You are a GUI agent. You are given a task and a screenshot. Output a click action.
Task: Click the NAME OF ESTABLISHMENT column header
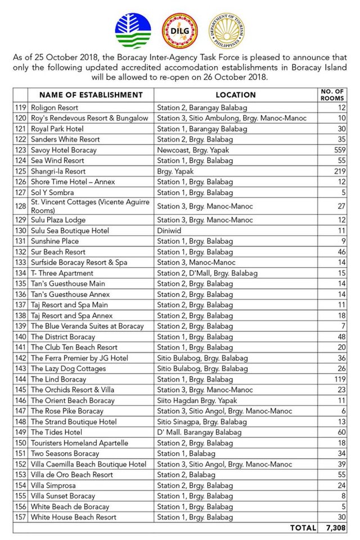85,95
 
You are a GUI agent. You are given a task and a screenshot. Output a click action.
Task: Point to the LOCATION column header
236,95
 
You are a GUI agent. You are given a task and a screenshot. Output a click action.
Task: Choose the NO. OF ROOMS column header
332,94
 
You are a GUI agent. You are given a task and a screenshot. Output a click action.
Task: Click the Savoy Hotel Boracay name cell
64,150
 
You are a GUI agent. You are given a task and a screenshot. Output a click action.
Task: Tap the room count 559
337,150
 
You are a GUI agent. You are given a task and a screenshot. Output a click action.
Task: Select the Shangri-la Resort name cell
58,171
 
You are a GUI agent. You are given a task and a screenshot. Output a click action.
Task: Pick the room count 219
337,171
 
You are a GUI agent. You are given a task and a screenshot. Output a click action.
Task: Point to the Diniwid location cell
170,231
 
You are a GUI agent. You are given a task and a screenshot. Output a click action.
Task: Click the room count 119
337,379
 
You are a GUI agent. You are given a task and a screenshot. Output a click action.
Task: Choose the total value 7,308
335,528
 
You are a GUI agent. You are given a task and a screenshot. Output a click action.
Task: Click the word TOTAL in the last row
303,528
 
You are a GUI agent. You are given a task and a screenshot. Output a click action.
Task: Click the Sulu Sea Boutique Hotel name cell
70,231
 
